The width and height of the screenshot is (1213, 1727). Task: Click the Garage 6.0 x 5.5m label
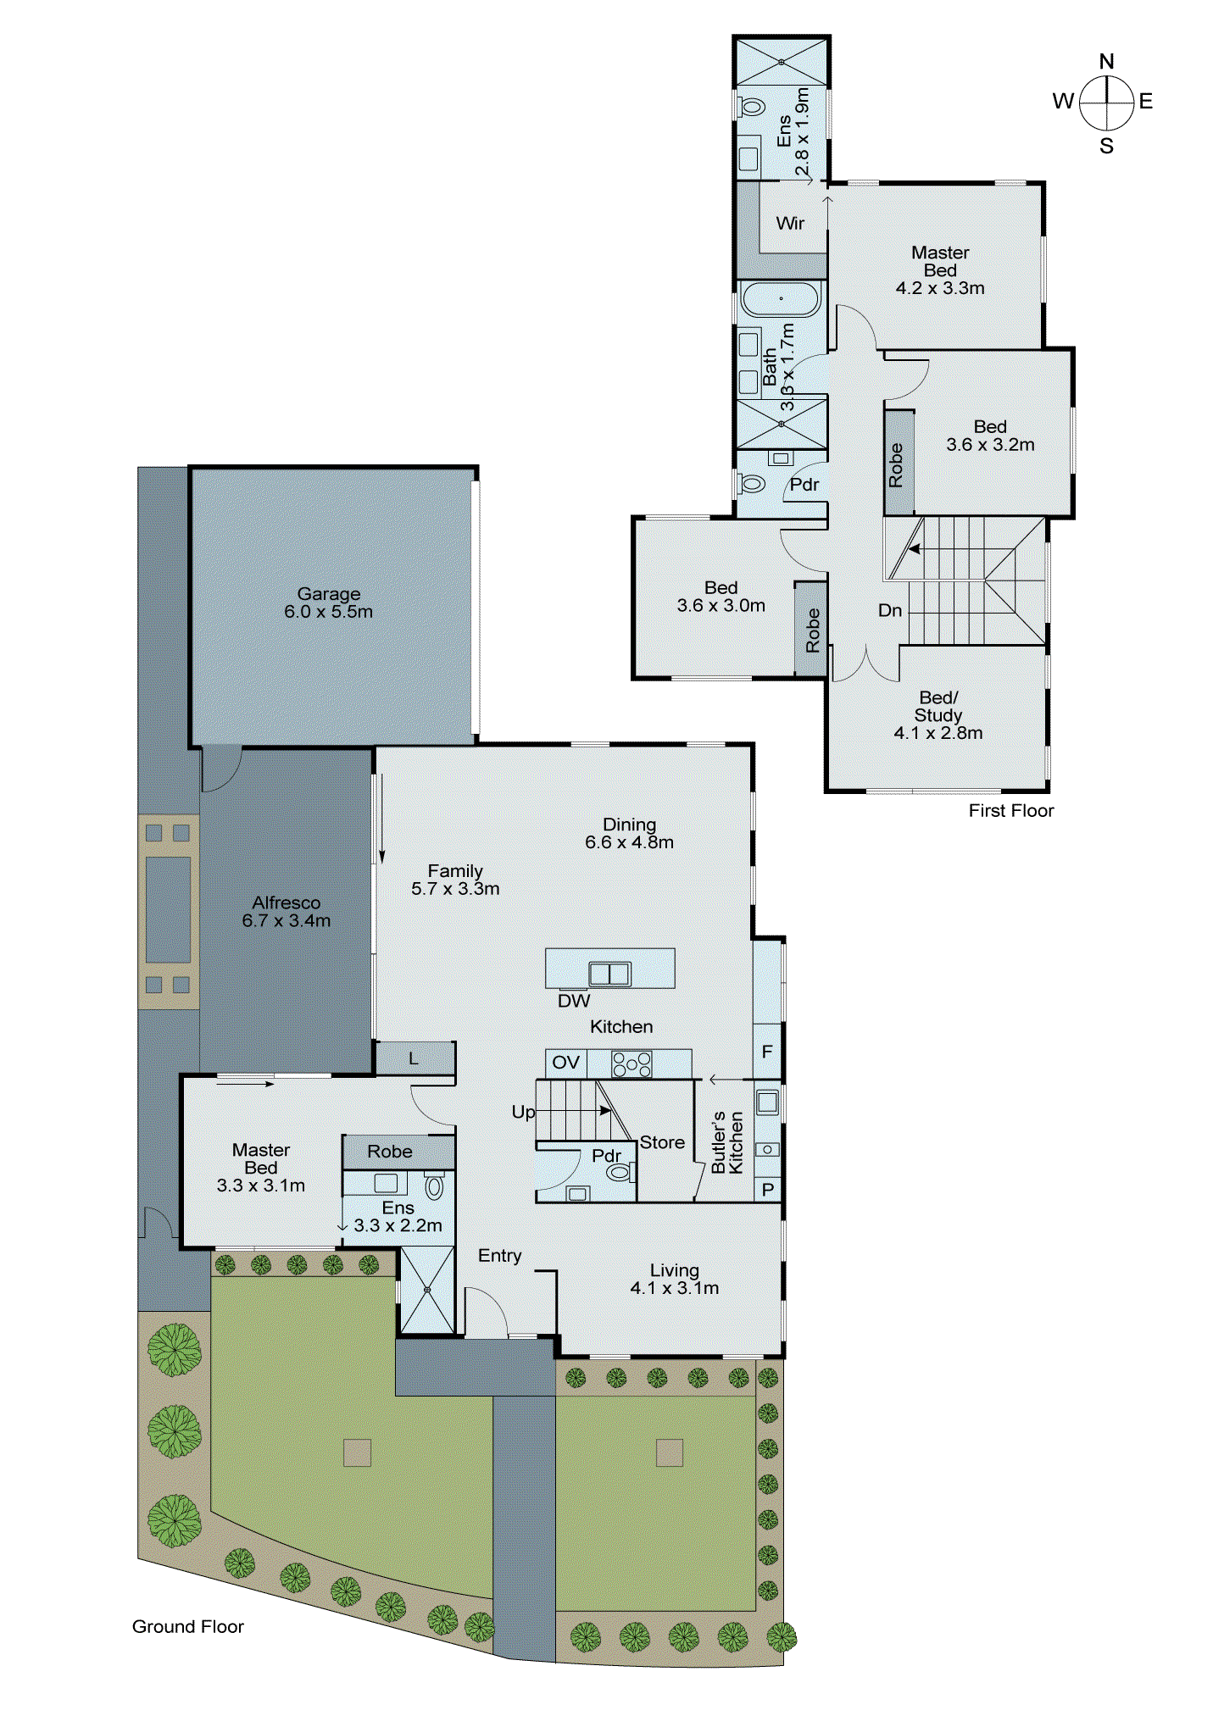328,603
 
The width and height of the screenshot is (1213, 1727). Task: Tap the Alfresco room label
286,912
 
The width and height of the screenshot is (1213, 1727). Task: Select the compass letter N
1106,61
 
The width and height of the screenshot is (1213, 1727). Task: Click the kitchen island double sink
610,974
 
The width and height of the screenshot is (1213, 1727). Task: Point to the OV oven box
565,1063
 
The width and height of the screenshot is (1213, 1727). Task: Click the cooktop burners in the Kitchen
632,1064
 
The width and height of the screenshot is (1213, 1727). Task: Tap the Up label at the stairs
522,1112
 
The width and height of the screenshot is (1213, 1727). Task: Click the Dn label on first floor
889,610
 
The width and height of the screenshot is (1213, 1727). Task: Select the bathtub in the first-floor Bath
781,299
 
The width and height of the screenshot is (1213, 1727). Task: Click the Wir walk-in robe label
790,223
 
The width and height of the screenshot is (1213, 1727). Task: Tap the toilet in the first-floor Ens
751,107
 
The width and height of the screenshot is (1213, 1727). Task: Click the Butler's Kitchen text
727,1142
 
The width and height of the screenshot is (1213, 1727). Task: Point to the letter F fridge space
767,1052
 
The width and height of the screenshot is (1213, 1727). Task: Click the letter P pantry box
768,1190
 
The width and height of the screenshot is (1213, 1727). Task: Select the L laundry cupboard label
414,1058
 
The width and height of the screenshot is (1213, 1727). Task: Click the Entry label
499,1256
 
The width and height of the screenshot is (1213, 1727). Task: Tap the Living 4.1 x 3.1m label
674,1279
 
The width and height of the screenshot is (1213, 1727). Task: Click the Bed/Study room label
938,715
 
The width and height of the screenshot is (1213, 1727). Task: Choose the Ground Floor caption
187,1626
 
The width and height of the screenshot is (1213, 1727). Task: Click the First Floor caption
1010,810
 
